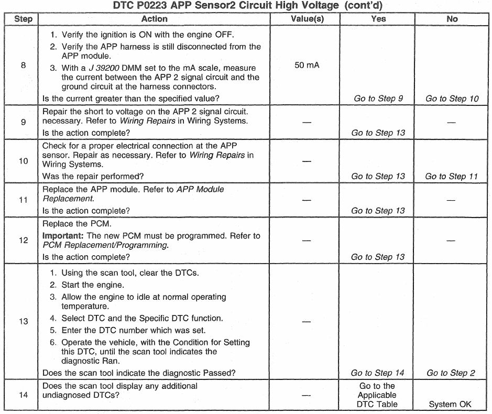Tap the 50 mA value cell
[x=307, y=66]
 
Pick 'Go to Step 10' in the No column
[x=452, y=99]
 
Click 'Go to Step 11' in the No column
[x=452, y=177]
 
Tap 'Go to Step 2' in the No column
[x=451, y=373]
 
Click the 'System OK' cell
[x=452, y=404]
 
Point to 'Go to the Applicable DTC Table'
[x=378, y=395]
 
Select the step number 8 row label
[x=23, y=66]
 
